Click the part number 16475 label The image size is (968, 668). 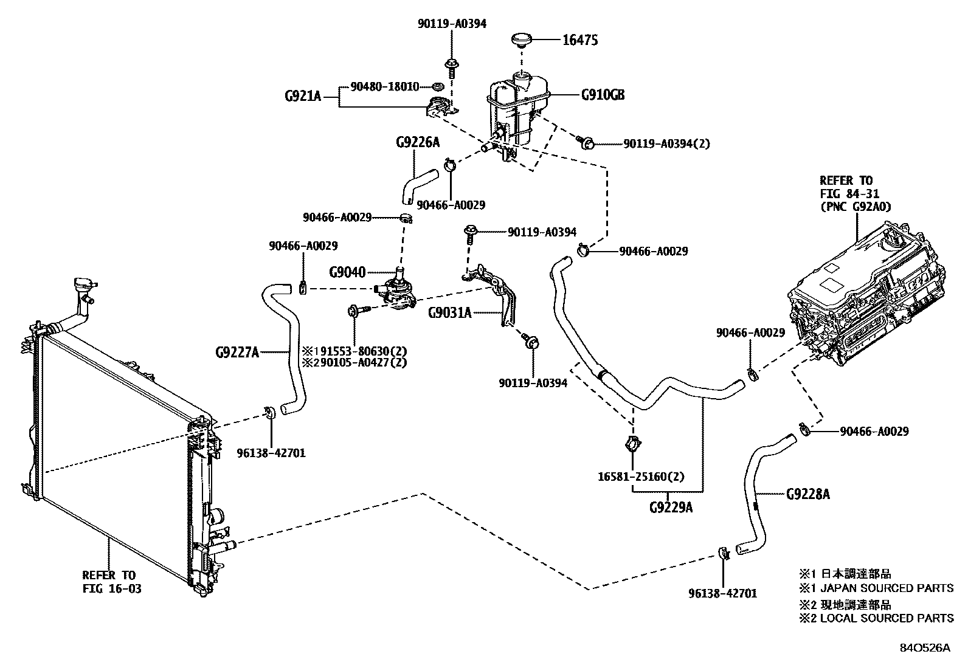pos(580,40)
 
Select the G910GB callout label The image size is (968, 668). pos(603,95)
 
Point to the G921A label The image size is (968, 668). pos(302,95)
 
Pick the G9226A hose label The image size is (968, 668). pos(417,142)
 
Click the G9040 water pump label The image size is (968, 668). pos(347,272)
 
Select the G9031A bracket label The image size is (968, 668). pos(449,313)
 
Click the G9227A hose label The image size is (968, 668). pos(237,351)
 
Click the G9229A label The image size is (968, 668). pos(670,507)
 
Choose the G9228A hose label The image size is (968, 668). pos(807,494)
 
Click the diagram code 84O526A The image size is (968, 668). pos(924,648)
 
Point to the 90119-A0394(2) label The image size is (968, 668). pos(666,144)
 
